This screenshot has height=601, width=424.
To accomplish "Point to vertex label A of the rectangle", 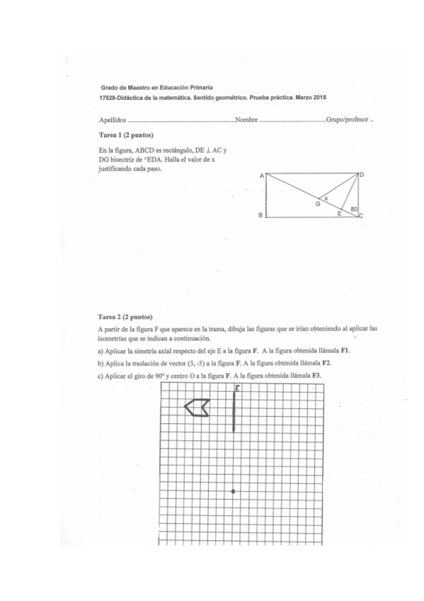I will pos(260,174).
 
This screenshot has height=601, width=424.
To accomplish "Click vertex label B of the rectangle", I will pos(260,215).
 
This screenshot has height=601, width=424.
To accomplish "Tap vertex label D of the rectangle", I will pos(362,174).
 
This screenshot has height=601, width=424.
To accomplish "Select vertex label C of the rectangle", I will pos(362,215).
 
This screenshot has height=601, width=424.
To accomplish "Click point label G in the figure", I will pos(318,203).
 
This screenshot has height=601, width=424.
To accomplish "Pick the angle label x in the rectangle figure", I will pos(326,198).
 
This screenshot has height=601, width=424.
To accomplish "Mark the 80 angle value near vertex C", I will pos(354,208).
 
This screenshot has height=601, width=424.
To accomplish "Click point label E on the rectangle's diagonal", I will pos(339,213).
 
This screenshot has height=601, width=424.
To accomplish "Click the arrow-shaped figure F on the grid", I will pos(196,407).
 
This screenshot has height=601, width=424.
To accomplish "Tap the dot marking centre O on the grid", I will pos(234,491).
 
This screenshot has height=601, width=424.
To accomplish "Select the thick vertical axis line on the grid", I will pos(234,412).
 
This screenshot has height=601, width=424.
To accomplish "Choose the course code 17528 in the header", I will pos(110,96).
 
